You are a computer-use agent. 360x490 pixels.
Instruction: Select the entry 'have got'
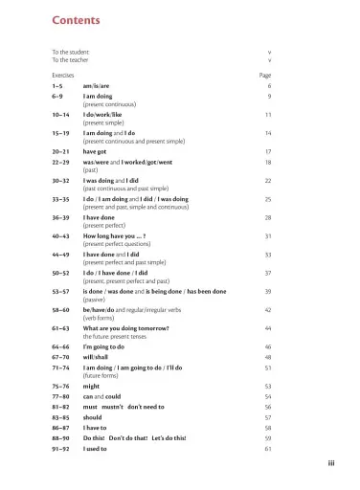[x=95, y=151]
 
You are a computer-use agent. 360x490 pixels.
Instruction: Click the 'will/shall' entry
[x=97, y=357]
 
